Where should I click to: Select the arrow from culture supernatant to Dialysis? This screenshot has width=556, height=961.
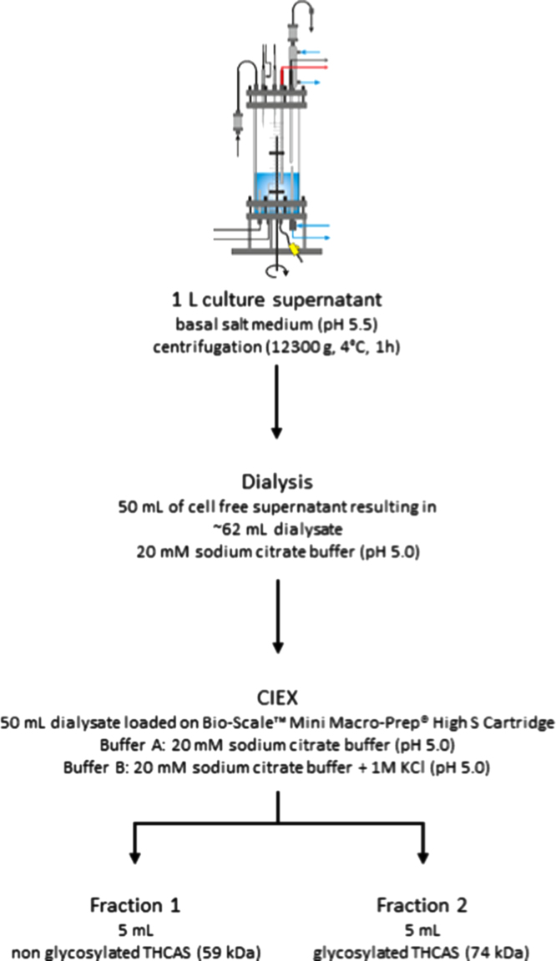[277, 402]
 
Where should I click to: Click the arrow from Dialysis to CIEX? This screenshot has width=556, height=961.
[277, 617]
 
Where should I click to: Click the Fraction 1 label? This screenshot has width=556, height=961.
[134, 905]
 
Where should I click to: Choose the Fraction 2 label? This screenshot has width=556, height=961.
[422, 905]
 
